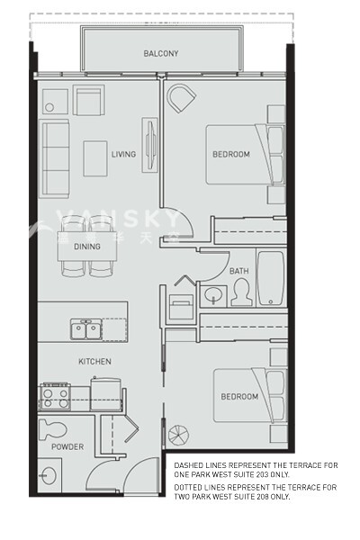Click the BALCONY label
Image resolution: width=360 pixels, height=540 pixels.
pos(161,54)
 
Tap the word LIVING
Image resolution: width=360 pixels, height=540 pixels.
pos(123,154)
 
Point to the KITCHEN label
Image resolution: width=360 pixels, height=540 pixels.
pos(94,362)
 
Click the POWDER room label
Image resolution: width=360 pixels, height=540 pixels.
pos(67,447)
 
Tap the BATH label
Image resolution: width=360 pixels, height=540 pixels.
pos(239,271)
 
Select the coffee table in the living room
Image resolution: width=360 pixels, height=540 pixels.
pos(96,157)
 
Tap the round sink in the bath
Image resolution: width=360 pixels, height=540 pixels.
pos(214,294)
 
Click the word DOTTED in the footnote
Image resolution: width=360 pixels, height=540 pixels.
pos(188,487)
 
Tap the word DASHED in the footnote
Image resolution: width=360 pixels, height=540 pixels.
pos(189,464)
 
